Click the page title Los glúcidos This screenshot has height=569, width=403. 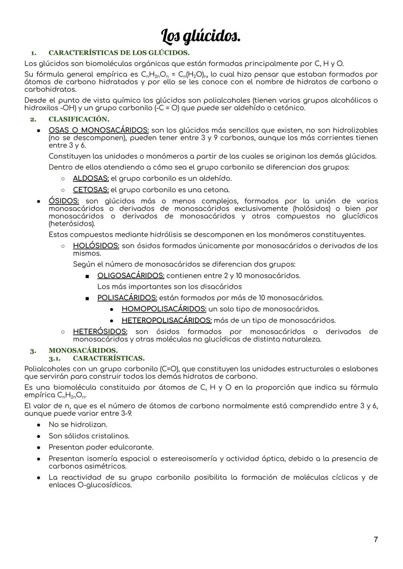click(201, 37)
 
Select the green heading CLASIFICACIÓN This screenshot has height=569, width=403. click(79, 119)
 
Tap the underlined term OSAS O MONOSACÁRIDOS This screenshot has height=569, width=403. click(99, 130)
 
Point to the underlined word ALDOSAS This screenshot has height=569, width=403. click(91, 179)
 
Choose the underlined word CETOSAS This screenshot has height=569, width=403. click(91, 190)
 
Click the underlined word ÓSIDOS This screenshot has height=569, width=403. click(64, 201)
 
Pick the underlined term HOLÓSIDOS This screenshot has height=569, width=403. click(96, 246)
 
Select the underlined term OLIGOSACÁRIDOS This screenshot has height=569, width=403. click(131, 276)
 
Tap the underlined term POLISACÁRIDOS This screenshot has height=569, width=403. click(127, 298)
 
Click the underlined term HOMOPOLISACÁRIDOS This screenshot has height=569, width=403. click(164, 309)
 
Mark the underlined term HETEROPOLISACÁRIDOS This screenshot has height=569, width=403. click(166, 321)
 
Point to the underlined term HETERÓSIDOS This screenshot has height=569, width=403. click(100, 332)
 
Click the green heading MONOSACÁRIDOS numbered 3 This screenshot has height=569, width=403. click(83, 351)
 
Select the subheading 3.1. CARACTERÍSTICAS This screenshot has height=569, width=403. click(108, 359)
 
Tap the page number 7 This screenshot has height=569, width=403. click(376, 540)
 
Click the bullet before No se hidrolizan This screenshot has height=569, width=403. click(38, 425)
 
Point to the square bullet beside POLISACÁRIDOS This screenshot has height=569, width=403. click(87, 298)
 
